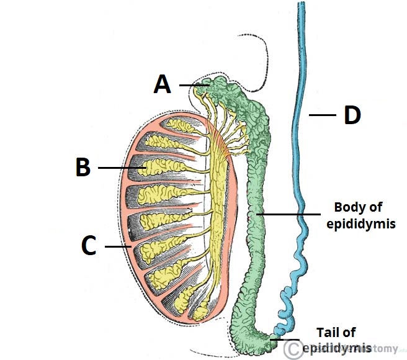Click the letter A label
(x=162, y=85)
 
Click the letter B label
(x=83, y=168)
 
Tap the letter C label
(x=89, y=246)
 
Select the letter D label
(x=352, y=115)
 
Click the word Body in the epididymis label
(x=346, y=207)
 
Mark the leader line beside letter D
(x=322, y=115)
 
